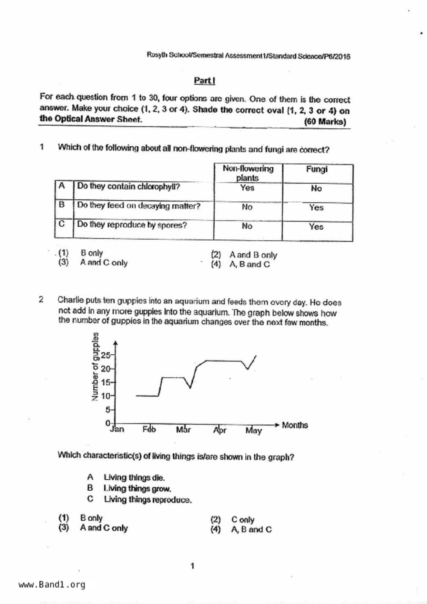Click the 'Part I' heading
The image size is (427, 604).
pos(204,81)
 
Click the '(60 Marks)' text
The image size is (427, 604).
pos(325,122)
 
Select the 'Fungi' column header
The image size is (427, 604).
pos(317,169)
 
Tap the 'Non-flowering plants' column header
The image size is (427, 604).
pos(248,173)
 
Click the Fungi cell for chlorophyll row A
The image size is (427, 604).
pos(316,188)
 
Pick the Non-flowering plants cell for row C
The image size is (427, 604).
pos(247,226)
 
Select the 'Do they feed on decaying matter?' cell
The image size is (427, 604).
pos(139,206)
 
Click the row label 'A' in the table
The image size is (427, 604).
pos(62,186)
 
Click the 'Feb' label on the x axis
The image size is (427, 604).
pos(149,429)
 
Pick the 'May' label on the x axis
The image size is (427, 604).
pos(254,430)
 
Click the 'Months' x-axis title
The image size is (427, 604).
pos(295,425)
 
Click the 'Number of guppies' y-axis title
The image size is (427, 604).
pos(95,367)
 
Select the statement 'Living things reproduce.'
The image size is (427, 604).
pos(148,500)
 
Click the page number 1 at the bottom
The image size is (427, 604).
pos(192,566)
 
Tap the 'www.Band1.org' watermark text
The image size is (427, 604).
pos(52,585)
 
